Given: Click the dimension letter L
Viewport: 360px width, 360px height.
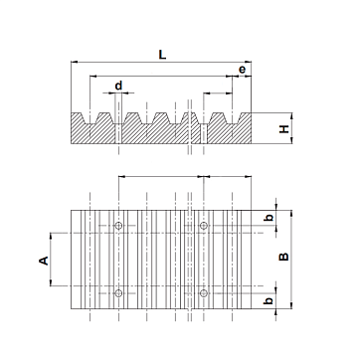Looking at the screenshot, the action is tap(162, 55).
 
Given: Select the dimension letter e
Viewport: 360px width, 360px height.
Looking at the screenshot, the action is tap(243, 70).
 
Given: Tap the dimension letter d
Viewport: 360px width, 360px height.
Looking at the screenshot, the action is tap(118, 86).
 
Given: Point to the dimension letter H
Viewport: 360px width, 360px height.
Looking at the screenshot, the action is tap(284, 129).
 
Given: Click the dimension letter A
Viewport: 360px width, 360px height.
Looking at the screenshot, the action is tap(44, 261).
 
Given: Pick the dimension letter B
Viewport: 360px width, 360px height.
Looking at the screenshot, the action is tap(284, 257).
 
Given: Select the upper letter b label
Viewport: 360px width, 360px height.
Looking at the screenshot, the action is tap(270, 218).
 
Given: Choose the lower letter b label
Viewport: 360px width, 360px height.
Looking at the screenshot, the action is tap(270, 300).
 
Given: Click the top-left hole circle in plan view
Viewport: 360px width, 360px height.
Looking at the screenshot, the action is tap(118, 226).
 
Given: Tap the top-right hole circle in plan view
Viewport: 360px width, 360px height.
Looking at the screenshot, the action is tap(204, 226).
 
